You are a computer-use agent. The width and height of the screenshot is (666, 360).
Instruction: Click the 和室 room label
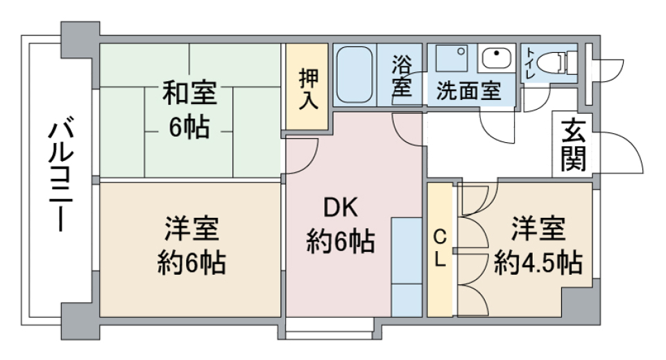click(189, 92)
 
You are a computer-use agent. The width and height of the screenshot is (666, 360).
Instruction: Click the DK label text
click(340, 207)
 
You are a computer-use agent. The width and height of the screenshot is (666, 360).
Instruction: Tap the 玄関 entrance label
click(573, 147)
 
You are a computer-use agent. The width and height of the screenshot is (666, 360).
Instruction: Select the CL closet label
click(440, 250)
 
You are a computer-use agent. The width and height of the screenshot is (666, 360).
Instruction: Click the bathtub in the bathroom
click(355, 75)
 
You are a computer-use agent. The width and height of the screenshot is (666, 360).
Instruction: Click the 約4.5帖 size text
click(538, 264)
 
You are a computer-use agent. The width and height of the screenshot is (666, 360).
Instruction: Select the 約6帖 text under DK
click(340, 243)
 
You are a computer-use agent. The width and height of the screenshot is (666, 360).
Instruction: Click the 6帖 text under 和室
click(189, 127)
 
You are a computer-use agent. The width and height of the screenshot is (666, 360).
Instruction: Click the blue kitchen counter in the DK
click(407, 267)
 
